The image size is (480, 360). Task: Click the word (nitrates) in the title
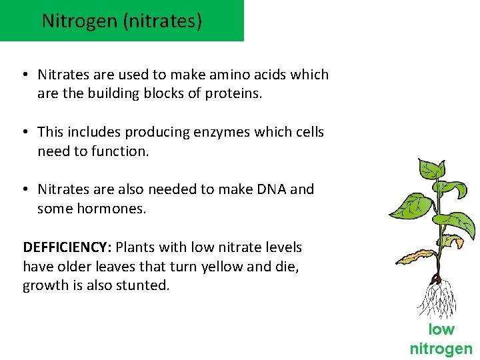click(x=162, y=21)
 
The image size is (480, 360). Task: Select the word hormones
click(x=114, y=209)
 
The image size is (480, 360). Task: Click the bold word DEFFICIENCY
click(x=67, y=247)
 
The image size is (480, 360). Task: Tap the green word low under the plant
click(x=441, y=329)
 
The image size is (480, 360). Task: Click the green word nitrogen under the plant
click(x=441, y=348)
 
